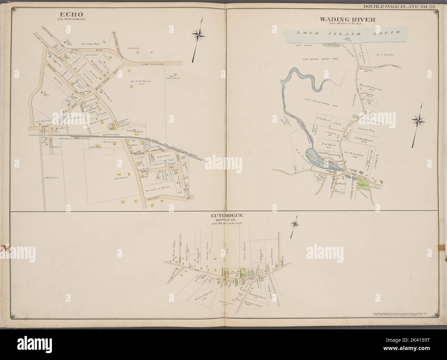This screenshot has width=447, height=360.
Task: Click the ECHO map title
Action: tap(72, 14)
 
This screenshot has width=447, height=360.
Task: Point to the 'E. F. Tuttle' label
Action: tap(384, 54)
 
